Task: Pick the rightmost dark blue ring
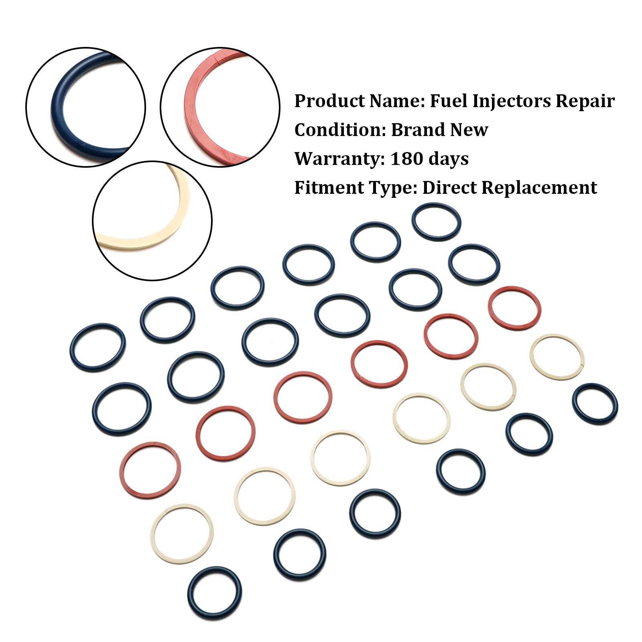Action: [616, 404]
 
